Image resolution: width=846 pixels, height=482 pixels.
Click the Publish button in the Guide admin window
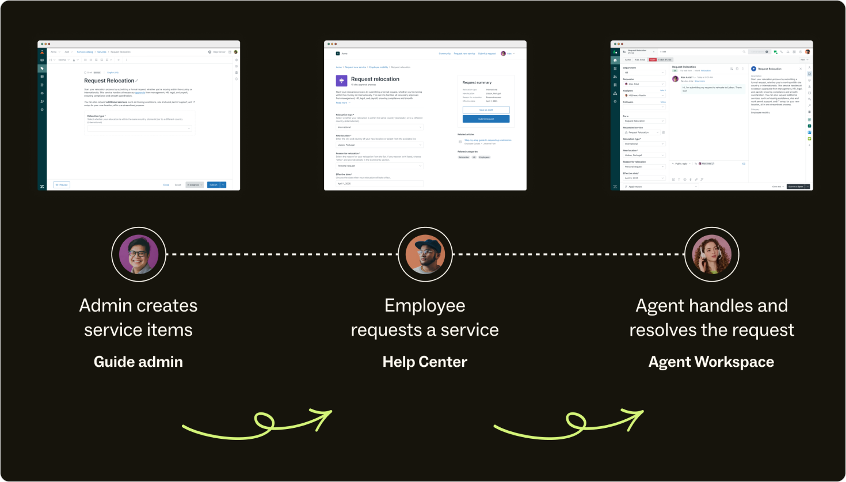click(214, 185)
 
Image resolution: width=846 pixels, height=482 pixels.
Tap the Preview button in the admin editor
click(62, 185)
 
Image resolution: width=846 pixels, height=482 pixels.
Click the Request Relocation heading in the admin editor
click(109, 81)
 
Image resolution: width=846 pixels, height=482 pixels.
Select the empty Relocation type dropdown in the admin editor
click(139, 128)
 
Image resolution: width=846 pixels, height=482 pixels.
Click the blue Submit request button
click(486, 119)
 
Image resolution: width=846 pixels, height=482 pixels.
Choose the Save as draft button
click(486, 109)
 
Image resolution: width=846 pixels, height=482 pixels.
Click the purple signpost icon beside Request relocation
click(341, 81)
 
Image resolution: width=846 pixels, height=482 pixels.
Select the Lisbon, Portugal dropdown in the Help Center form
click(379, 145)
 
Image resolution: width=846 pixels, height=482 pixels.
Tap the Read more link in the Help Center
click(342, 103)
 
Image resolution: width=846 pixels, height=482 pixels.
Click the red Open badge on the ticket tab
click(653, 59)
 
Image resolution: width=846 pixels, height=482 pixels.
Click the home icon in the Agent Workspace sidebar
click(615, 60)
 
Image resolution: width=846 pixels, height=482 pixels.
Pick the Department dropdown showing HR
click(644, 73)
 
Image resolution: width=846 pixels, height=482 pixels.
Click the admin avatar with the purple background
click(139, 254)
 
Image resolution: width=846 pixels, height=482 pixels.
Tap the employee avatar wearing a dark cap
click(425, 254)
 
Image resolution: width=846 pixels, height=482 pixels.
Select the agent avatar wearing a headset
click(711, 254)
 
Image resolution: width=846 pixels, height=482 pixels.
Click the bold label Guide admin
click(138, 362)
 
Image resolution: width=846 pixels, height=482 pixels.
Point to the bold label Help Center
click(425, 362)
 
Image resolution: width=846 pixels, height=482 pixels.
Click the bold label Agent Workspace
click(711, 362)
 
